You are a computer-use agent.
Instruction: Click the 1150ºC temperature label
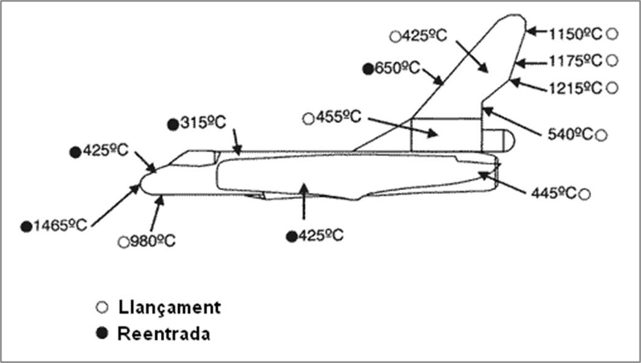[575, 34]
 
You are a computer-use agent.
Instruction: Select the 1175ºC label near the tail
[575, 60]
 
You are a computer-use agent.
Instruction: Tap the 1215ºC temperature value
[575, 88]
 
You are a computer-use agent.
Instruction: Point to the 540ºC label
[570, 134]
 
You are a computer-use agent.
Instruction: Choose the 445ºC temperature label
[554, 194]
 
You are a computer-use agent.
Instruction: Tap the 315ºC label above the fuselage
[203, 123]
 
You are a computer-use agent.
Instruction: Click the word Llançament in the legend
[168, 306]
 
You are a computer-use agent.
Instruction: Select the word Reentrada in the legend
[163, 333]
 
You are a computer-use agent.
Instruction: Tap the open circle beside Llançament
[102, 307]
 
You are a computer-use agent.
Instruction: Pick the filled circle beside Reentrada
[102, 333]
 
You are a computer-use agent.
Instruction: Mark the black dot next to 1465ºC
[26, 225]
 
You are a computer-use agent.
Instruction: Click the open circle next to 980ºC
[124, 242]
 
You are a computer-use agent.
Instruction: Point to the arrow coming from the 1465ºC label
[116, 203]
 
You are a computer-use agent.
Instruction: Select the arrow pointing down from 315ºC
[236, 140]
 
